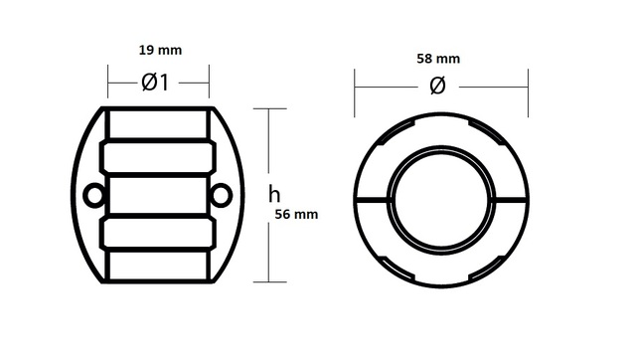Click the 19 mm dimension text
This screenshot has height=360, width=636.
[x=160, y=51]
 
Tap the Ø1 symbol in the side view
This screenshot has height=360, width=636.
[x=155, y=83]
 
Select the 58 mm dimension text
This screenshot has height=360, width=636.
[x=438, y=59]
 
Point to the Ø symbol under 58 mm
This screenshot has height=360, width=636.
[x=437, y=87]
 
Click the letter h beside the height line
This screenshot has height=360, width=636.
[x=274, y=194]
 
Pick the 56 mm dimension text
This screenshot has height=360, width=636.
[x=296, y=214]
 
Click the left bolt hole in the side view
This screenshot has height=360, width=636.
[x=93, y=195]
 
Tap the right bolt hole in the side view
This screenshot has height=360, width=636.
[x=222, y=195]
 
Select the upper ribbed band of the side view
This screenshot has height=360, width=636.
[x=158, y=157]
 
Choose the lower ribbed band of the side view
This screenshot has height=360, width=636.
[x=158, y=233]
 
